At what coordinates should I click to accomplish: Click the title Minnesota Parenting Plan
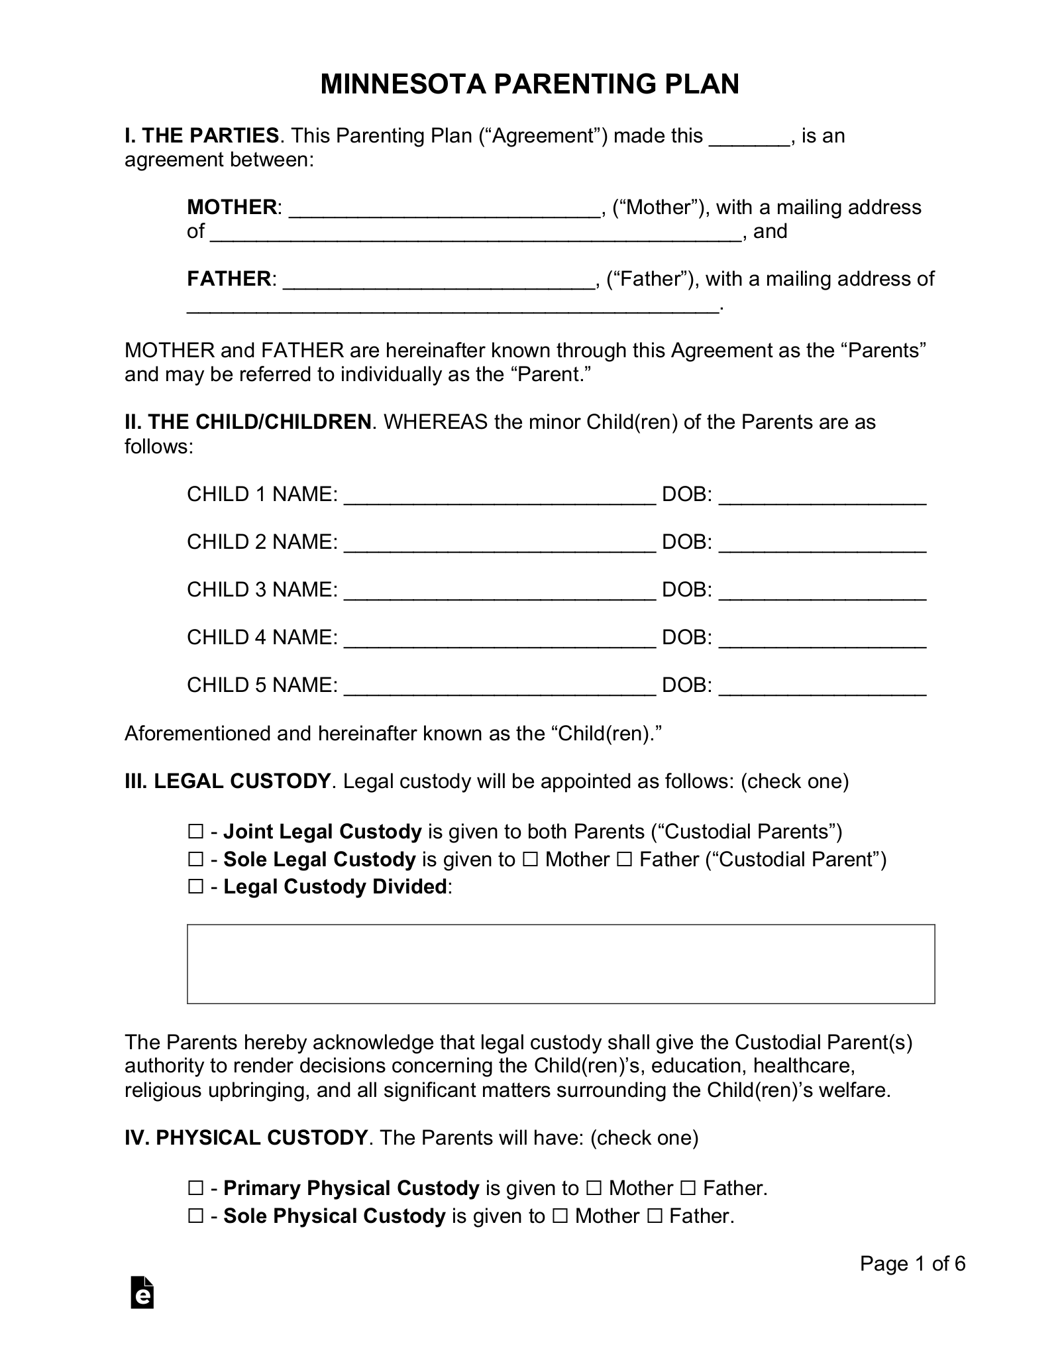pyautogui.click(x=529, y=85)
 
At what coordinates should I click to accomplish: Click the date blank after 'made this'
pyautogui.click(x=750, y=137)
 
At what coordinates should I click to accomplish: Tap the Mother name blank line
pyautogui.click(x=445, y=208)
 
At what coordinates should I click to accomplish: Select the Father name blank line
pyautogui.click(x=439, y=280)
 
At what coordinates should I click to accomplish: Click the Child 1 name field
pyautogui.click(x=500, y=495)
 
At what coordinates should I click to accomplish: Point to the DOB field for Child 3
pyautogui.click(x=822, y=591)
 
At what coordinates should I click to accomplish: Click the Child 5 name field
pyautogui.click(x=500, y=686)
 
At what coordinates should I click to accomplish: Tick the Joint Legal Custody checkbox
pyautogui.click(x=195, y=832)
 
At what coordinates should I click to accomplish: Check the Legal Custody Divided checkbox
pyautogui.click(x=195, y=887)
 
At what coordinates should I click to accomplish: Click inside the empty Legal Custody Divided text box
pyautogui.click(x=560, y=964)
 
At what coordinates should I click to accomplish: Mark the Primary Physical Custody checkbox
pyautogui.click(x=195, y=1188)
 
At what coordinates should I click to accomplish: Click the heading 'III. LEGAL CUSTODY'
pyautogui.click(x=227, y=781)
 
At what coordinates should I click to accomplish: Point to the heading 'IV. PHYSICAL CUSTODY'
pyautogui.click(x=246, y=1138)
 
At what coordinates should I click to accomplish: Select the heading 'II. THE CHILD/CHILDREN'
pyautogui.click(x=248, y=422)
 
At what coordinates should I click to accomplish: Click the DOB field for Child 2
pyautogui.click(x=822, y=543)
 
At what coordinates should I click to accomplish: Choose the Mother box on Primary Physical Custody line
pyautogui.click(x=594, y=1188)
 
